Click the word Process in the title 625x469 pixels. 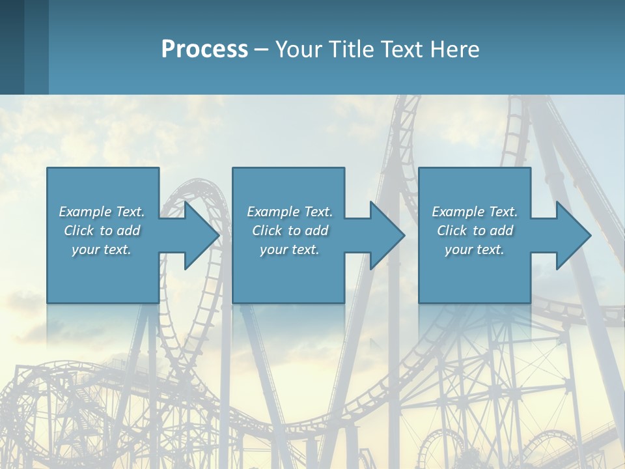(x=204, y=50)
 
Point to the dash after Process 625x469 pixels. (x=262, y=50)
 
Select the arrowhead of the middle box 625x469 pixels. (x=386, y=235)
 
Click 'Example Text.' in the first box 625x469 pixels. (x=102, y=212)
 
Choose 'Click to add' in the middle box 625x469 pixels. (x=290, y=231)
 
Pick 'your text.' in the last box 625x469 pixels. (x=475, y=249)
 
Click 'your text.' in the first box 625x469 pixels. (x=102, y=249)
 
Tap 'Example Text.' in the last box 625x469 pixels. (x=475, y=212)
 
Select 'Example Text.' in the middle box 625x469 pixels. (x=290, y=212)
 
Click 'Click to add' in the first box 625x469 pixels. (x=102, y=231)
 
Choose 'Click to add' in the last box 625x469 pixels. (x=475, y=231)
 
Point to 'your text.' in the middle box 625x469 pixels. (x=290, y=249)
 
